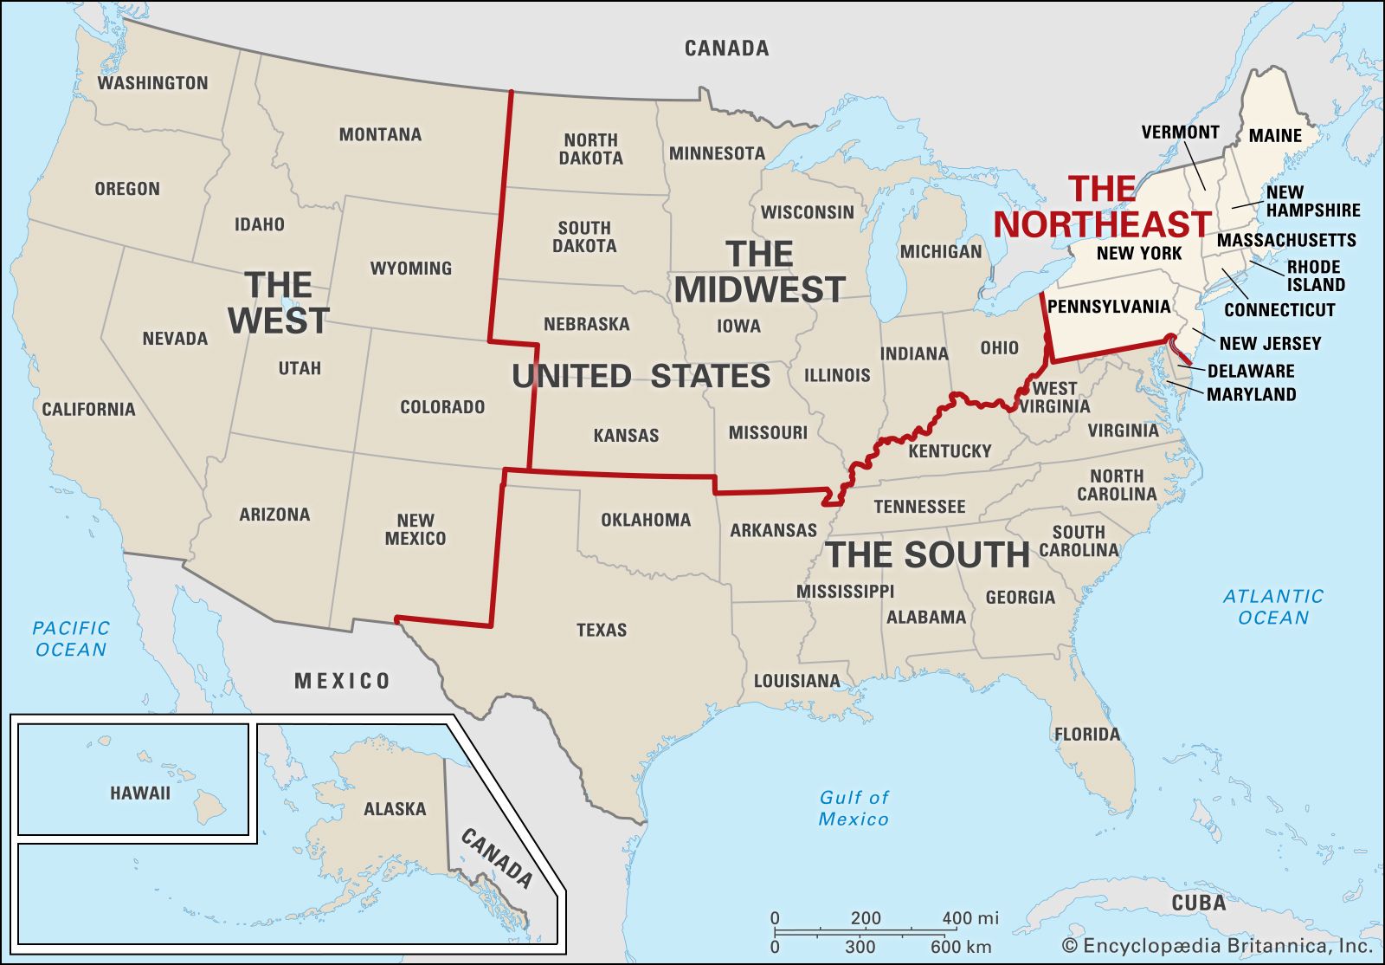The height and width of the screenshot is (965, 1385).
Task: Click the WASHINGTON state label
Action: click(x=152, y=83)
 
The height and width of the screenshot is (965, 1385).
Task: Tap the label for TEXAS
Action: click(x=602, y=630)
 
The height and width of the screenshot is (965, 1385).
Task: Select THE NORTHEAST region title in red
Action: click(x=1101, y=207)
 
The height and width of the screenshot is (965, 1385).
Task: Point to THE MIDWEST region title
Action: click(x=759, y=272)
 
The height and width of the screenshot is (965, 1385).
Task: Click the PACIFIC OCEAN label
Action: click(x=71, y=638)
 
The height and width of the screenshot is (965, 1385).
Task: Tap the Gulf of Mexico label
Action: click(x=854, y=807)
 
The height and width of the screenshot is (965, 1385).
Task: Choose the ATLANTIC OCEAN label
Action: click(x=1272, y=606)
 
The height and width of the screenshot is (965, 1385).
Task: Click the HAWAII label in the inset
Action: click(x=140, y=793)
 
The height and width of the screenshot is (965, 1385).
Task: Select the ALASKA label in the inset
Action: click(x=395, y=809)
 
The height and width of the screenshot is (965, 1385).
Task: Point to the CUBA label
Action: click(x=1199, y=903)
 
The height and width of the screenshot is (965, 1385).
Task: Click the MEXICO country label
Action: click(x=342, y=681)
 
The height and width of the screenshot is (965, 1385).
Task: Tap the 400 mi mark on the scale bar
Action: click(x=969, y=918)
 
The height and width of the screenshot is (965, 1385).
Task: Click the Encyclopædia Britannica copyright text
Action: click(x=1217, y=946)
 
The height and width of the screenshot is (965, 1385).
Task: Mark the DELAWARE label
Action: click(x=1251, y=371)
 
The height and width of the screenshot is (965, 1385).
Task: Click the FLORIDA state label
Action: click(x=1087, y=735)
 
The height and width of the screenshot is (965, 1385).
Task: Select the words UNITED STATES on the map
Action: click(x=641, y=376)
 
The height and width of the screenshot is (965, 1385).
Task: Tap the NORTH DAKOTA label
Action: click(x=590, y=149)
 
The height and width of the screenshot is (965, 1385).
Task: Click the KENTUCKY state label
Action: click(x=950, y=451)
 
